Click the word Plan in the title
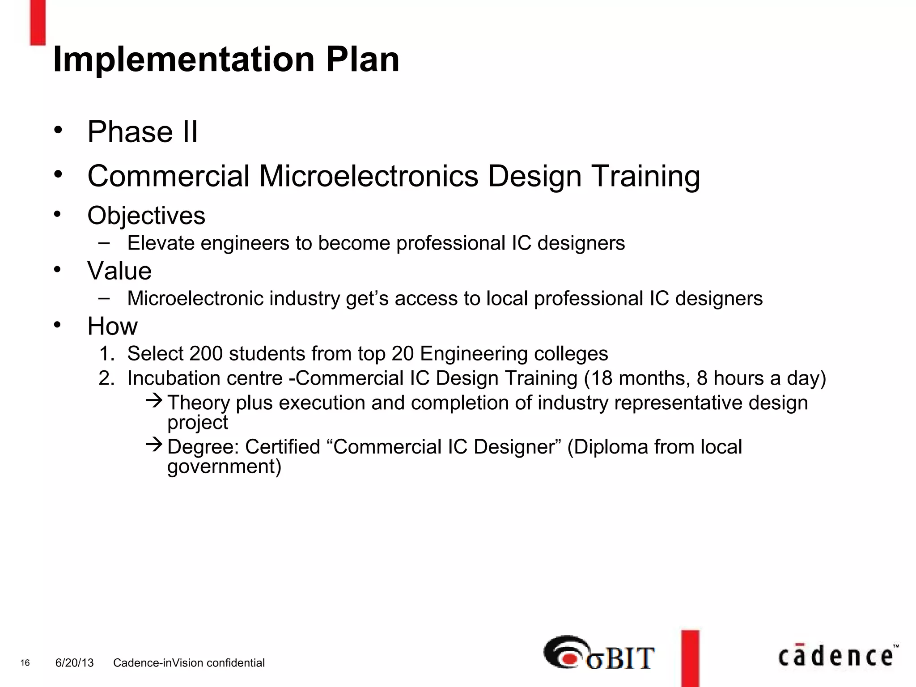pyautogui.click(x=362, y=59)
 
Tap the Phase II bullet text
pyautogui.click(x=142, y=132)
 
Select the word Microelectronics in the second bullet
pyautogui.click(x=369, y=176)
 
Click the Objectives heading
pyautogui.click(x=146, y=216)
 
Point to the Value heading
pyautogui.click(x=119, y=271)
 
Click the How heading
pyautogui.click(x=112, y=326)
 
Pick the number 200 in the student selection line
pyautogui.click(x=206, y=354)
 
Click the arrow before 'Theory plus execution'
pyautogui.click(x=154, y=400)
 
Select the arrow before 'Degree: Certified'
pyautogui.click(x=154, y=444)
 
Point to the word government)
pyautogui.click(x=224, y=466)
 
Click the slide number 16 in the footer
pyautogui.click(x=25, y=663)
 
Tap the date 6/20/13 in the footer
pyautogui.click(x=74, y=663)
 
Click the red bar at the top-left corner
pyautogui.click(x=38, y=22)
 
